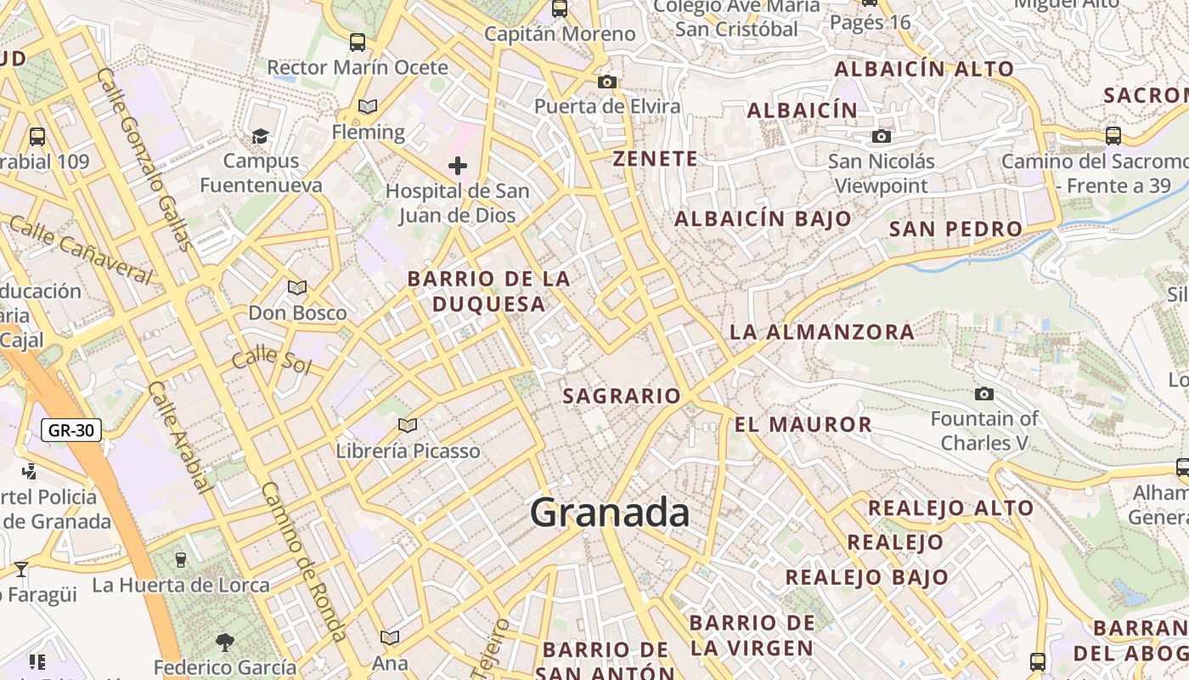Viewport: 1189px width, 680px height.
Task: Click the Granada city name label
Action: pos(610,513)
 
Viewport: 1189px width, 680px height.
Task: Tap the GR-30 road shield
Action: pos(71,430)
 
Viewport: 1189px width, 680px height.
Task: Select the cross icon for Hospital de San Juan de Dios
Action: pos(458,166)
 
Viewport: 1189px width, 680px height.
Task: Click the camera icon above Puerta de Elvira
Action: pos(606,82)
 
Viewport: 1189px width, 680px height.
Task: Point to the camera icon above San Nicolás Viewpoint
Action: pos(882,136)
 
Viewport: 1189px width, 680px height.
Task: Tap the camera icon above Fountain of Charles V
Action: pos(984,394)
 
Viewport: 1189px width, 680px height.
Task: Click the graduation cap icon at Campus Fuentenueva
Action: pos(260,136)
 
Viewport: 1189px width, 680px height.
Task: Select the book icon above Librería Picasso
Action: pos(408,425)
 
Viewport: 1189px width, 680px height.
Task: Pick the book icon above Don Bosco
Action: pos(297,288)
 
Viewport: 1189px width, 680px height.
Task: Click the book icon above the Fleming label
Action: pos(368,106)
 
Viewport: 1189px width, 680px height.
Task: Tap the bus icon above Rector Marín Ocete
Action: pos(358,42)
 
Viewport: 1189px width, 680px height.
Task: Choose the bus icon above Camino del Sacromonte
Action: pos(1113,135)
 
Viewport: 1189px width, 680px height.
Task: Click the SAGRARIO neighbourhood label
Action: pos(622,396)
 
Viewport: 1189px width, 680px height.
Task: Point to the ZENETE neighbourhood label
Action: pos(656,159)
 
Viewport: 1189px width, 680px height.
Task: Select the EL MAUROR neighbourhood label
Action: pos(803,425)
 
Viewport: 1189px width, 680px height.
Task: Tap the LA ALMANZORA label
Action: pos(822,332)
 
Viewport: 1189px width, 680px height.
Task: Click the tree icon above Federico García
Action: pos(224,641)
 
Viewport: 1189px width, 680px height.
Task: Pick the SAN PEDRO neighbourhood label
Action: pos(955,229)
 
